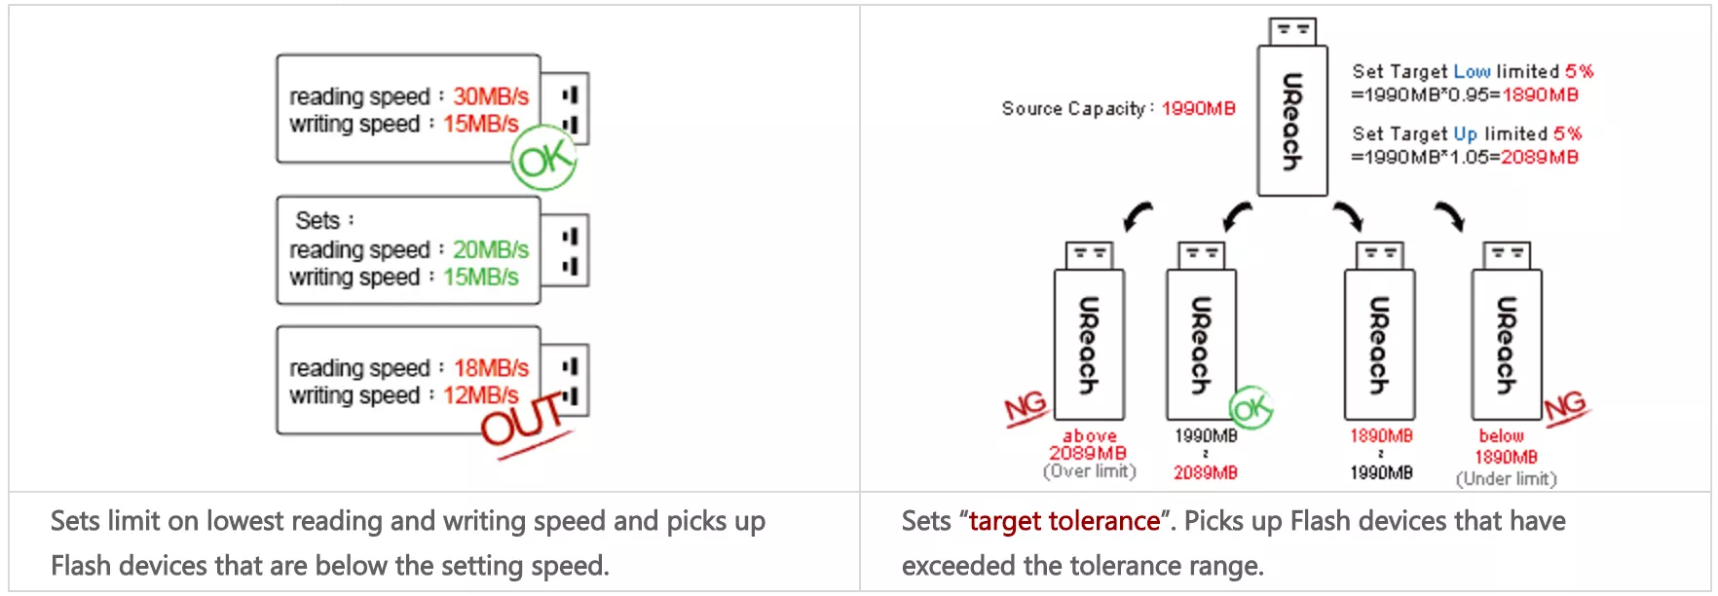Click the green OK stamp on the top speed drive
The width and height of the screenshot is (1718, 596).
pos(543,159)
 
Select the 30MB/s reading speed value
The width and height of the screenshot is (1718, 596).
pos(491,96)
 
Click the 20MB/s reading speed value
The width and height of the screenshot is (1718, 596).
pos(491,249)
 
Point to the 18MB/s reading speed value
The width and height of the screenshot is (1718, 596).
pos(491,368)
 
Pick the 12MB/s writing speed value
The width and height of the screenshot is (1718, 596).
pos(481,395)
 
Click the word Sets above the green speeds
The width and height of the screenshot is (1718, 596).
pos(318,220)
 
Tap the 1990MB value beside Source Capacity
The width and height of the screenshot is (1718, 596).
pos(1198,108)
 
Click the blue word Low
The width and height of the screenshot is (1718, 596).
pos(1472,71)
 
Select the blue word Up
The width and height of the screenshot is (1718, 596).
pos(1465,133)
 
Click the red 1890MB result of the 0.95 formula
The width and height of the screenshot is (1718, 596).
pos(1540,94)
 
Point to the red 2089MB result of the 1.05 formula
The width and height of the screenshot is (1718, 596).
pos(1539,157)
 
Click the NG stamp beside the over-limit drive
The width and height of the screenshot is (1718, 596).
pos(1026,408)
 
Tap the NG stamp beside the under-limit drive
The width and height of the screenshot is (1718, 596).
pos(1565,405)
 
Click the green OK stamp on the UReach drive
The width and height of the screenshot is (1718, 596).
pos(1251,408)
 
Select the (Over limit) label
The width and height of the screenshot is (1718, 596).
pos(1089,471)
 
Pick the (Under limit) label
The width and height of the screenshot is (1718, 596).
pos(1506,478)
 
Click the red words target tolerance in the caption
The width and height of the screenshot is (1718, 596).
pos(1064,521)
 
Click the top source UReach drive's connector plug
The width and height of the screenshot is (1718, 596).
pos(1292,31)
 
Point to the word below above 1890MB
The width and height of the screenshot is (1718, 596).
pos(1501,435)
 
